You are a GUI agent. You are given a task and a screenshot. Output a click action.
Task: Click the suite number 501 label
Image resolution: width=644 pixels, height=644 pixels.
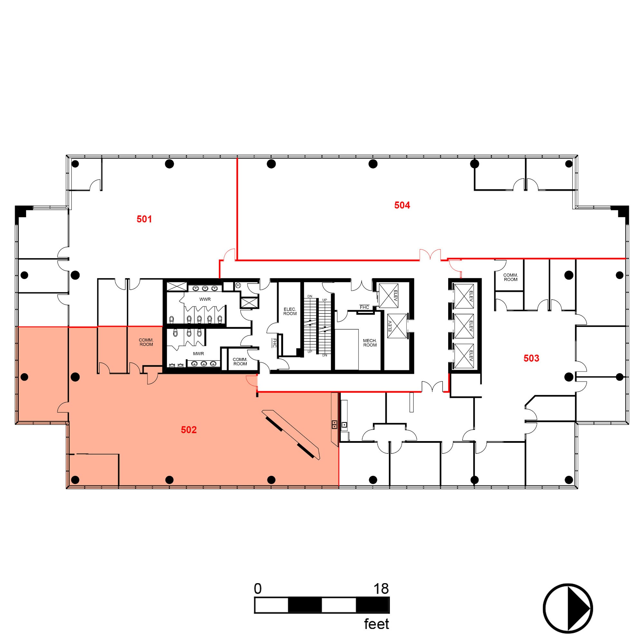pos(144,219)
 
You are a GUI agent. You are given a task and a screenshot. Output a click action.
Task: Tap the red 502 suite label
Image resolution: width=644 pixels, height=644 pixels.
pos(189,430)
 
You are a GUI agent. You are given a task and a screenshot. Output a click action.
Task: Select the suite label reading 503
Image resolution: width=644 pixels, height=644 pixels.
pos(531,358)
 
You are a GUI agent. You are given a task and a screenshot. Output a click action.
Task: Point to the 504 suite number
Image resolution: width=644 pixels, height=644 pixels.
pos(402,205)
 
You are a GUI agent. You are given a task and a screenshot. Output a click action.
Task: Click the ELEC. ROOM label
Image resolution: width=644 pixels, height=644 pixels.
pos(290,311)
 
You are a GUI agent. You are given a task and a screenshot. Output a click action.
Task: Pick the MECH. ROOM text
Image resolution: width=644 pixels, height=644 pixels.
pos(370,343)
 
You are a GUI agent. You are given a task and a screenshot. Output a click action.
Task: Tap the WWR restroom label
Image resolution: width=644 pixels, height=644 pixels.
pos(205,299)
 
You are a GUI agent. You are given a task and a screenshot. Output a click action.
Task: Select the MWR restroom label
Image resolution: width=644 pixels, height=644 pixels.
pos(198,354)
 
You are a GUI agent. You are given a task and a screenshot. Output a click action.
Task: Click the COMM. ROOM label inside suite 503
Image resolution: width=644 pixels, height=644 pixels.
pos(510,277)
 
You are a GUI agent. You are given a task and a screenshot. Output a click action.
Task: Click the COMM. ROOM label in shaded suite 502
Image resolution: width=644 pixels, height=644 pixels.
pos(146,342)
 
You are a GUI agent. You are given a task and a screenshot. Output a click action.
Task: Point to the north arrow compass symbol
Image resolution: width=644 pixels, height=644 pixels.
pos(568,608)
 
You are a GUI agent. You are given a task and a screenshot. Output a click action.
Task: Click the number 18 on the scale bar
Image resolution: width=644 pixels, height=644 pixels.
pos(381,589)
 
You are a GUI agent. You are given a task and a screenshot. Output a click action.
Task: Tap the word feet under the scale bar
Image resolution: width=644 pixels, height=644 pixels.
pos(376,624)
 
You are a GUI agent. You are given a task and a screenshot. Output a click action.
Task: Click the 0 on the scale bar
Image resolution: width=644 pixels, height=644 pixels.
pos(257,589)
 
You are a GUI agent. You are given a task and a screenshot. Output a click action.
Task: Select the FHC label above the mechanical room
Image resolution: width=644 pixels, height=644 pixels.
pos(364,307)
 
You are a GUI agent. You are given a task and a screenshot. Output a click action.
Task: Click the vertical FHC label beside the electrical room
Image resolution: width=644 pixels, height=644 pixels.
pos(274,343)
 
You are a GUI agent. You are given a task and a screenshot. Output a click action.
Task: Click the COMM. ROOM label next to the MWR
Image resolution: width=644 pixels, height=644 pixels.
pos(240,361)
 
